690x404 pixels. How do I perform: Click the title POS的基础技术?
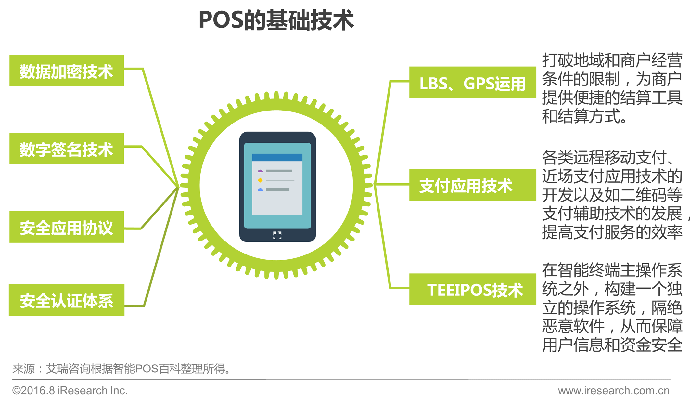276,20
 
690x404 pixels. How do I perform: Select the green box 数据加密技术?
67,71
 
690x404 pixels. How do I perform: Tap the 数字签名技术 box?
67,149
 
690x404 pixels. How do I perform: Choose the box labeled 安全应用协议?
67,227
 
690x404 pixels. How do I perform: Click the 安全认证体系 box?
67,300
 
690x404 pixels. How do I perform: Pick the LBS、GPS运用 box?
472,83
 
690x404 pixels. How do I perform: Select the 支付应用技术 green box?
472,185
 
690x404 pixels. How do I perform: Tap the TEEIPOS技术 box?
472,289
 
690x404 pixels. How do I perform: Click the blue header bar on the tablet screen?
277,157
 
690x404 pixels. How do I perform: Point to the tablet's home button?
277,235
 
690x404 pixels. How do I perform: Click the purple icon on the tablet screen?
260,171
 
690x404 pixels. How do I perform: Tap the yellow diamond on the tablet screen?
260,180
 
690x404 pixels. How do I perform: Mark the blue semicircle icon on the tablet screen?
260,189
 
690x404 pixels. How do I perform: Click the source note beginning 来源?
121,369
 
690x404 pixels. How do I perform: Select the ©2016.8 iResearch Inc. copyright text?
70,390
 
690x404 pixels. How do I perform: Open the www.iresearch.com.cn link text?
614,390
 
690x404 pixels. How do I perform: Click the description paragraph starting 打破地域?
612,88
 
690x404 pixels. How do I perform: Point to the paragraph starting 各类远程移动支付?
612,195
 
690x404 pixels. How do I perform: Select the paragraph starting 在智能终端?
612,307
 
